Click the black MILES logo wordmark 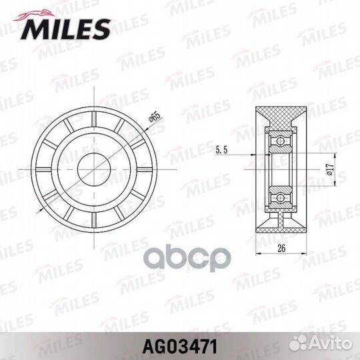point(65,29)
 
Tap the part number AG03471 point(180,347)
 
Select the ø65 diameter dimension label point(154,118)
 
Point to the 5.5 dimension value point(221,151)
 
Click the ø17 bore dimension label point(330,170)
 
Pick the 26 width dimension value point(281,248)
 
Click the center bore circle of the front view point(94,169)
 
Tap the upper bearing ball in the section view point(280,141)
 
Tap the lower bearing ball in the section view point(280,197)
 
